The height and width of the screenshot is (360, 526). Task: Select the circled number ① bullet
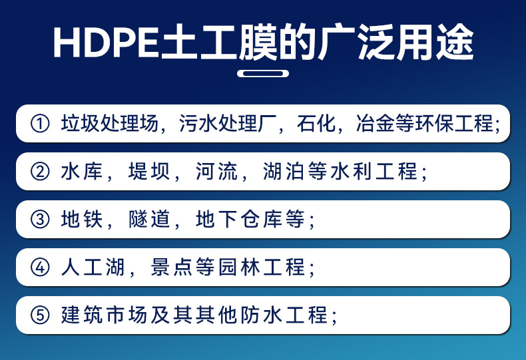(41, 124)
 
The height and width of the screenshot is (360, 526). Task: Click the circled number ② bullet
(41, 172)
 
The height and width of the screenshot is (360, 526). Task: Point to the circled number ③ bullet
(41, 220)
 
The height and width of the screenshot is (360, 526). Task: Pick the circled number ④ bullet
(41, 268)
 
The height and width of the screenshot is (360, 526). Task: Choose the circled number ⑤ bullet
(41, 315)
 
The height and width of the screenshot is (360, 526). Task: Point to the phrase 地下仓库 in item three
(240, 220)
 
